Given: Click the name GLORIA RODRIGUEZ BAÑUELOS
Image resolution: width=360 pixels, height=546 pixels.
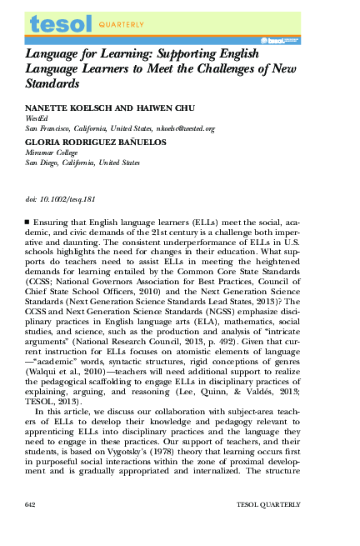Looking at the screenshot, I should click(x=83, y=143).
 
